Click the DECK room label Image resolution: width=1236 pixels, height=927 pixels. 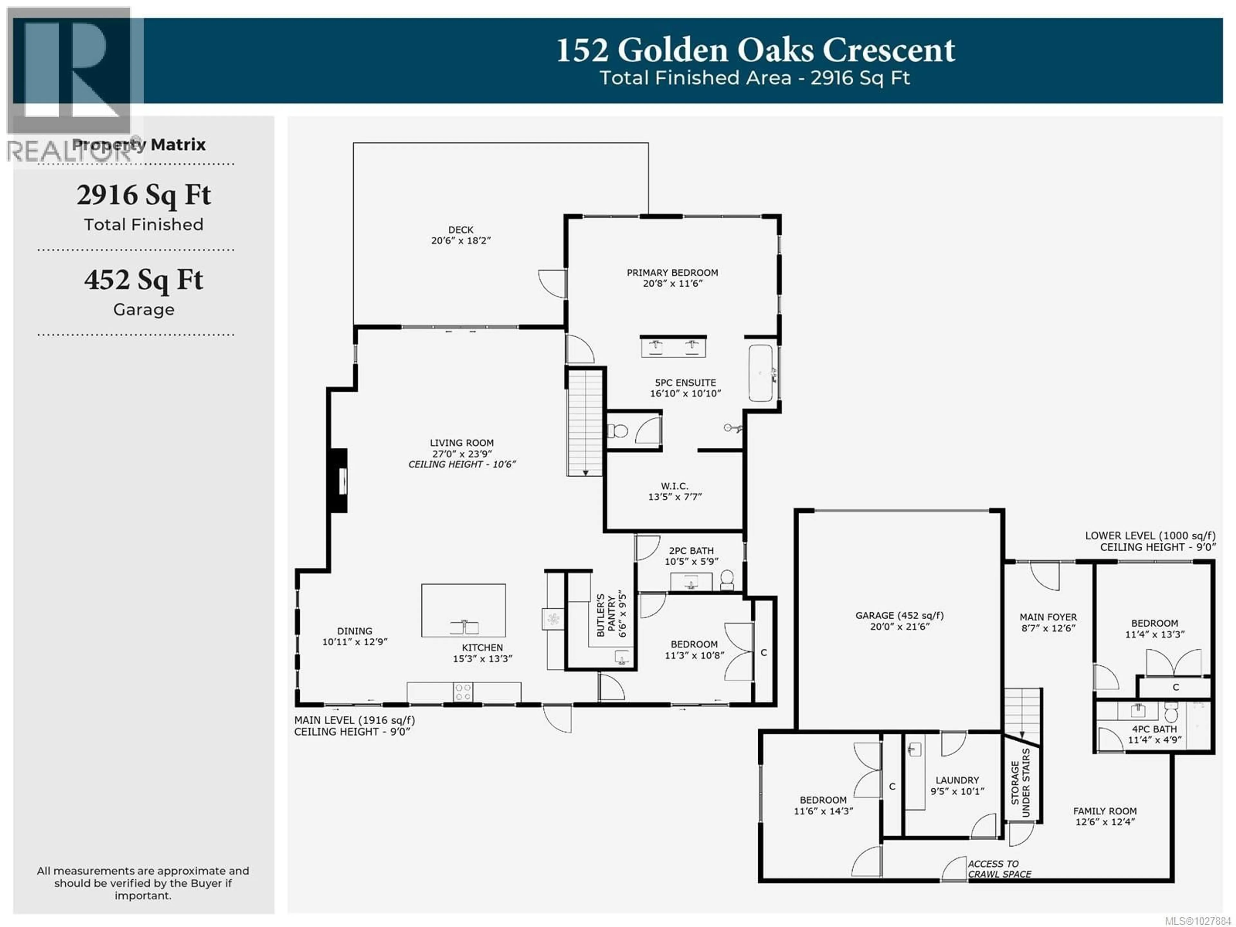coord(460,229)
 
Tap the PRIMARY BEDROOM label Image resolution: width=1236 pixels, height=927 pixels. coord(672,273)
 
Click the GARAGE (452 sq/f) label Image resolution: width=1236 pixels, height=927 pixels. coord(899,615)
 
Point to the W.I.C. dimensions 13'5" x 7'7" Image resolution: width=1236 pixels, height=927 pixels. coord(674,497)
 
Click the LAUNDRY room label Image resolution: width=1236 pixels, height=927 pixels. coord(957,780)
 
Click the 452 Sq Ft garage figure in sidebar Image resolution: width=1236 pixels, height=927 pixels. coord(144,280)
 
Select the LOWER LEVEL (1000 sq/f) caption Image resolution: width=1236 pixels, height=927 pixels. coord(1150,535)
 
